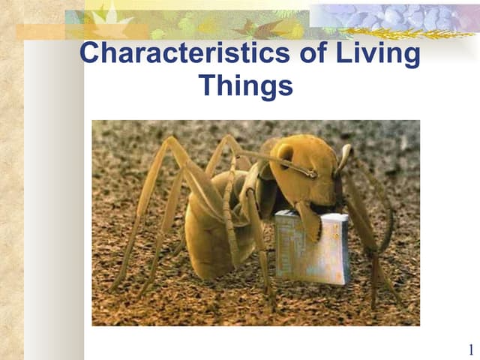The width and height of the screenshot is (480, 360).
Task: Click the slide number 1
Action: (x=470, y=349)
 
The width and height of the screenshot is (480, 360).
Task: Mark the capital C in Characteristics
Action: (x=91, y=54)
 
